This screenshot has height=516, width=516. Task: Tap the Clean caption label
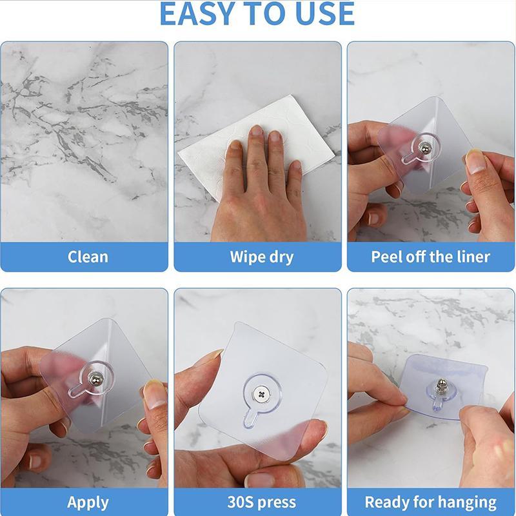(x=88, y=257)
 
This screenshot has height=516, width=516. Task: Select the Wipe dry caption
(x=261, y=257)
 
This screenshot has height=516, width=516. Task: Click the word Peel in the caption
(x=386, y=257)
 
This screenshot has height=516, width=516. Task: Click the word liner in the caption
(x=470, y=257)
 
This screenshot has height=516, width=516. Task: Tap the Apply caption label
(x=88, y=502)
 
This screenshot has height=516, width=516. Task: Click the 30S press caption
(x=262, y=502)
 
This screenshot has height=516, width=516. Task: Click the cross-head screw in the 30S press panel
(x=261, y=392)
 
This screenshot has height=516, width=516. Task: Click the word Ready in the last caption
(x=386, y=502)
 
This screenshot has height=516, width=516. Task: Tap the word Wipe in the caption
(x=246, y=257)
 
